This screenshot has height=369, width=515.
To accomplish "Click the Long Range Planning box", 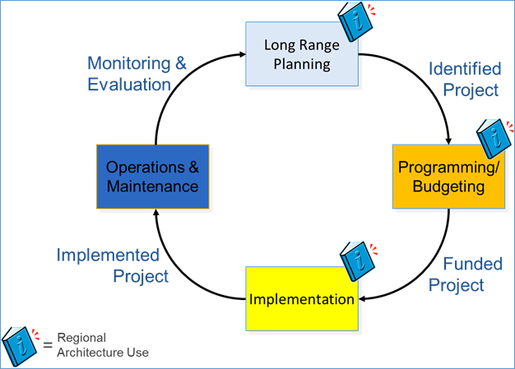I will point(303,54).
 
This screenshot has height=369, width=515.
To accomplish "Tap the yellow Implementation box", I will point(302,299).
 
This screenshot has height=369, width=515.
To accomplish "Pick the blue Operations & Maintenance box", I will point(153,177).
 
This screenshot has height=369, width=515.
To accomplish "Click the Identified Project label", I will point(464,80).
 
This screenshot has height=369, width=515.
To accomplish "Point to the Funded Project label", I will point(466,274).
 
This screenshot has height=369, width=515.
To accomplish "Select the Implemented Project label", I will point(113,265).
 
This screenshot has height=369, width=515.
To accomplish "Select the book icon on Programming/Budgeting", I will point(497,139).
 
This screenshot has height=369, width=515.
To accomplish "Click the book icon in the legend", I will point(20,345).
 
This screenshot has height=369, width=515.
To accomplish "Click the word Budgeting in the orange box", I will point(448,187).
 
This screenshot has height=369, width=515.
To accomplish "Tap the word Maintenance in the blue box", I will point(153,187).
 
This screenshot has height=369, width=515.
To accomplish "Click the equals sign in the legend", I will point(47,343).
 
